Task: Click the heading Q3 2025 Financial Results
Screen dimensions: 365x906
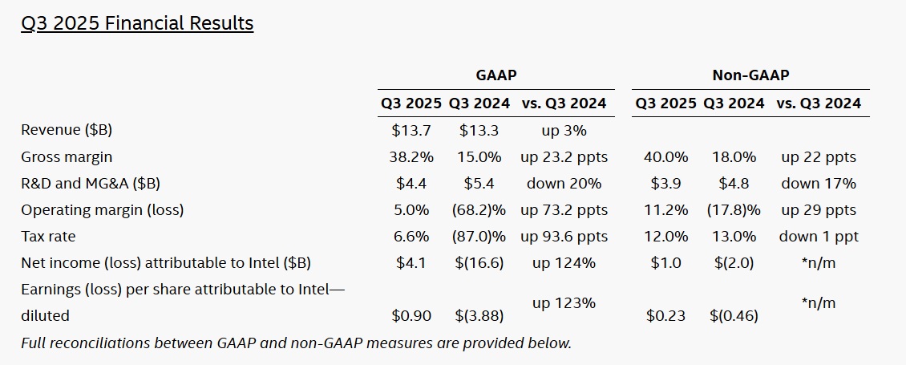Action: (x=137, y=23)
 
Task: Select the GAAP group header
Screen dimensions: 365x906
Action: (x=496, y=75)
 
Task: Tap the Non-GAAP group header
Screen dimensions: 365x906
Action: (x=750, y=75)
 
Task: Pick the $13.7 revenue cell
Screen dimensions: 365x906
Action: (x=411, y=130)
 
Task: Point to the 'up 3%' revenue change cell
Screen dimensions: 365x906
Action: (x=564, y=130)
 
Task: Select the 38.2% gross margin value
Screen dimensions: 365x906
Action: (x=411, y=156)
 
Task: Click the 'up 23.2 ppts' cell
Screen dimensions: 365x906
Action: (x=564, y=156)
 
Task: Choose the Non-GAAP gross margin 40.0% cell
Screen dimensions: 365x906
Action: (x=665, y=156)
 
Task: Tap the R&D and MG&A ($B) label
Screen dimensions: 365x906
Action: (x=91, y=183)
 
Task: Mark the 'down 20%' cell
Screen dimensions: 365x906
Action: (x=564, y=183)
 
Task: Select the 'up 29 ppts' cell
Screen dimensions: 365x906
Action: (x=819, y=210)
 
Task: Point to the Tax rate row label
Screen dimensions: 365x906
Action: (x=48, y=237)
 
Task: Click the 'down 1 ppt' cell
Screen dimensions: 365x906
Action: (x=819, y=237)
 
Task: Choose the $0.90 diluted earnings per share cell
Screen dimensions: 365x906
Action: (x=411, y=316)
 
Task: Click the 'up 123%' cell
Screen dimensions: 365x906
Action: (x=564, y=303)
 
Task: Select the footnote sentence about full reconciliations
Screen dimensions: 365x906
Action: (x=296, y=343)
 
